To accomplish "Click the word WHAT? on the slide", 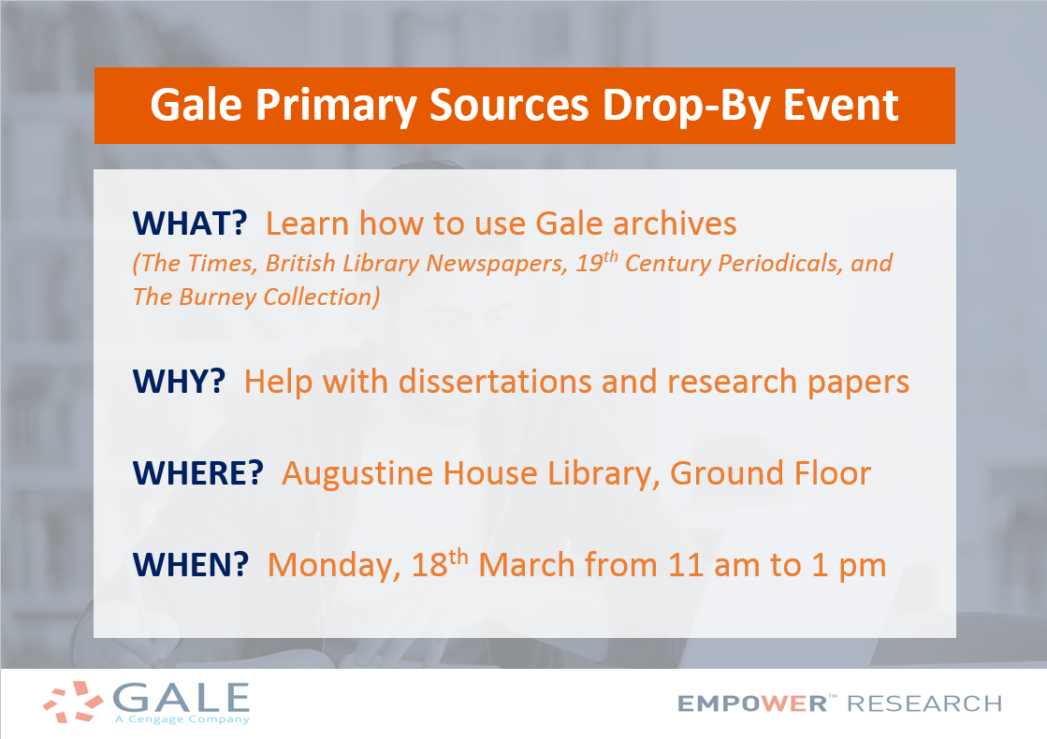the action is point(190,223).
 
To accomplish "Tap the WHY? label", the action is point(179,382).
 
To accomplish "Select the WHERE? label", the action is point(198,473).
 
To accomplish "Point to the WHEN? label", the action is point(191,565).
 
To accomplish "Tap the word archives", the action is point(675,224).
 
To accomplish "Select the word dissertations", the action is point(495,382).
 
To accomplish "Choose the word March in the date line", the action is point(527,565).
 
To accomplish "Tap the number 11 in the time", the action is point(685,565).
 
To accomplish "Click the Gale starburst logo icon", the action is point(74,702).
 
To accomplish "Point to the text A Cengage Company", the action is point(182,719).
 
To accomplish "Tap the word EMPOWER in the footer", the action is point(752,703).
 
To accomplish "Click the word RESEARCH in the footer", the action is point(924,703).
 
